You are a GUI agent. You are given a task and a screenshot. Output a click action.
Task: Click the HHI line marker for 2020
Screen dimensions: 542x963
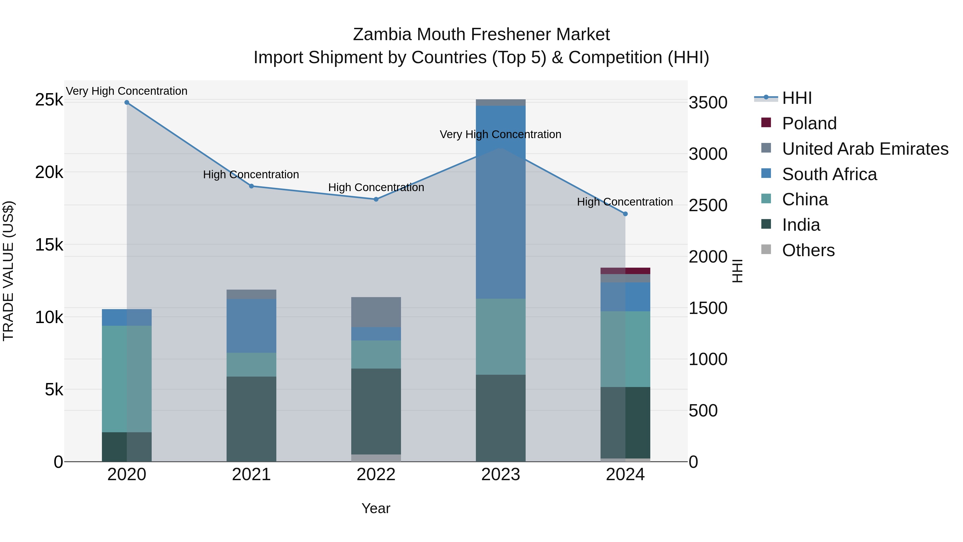click(x=127, y=103)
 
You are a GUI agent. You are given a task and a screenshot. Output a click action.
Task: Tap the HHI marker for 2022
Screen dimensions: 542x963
click(x=376, y=199)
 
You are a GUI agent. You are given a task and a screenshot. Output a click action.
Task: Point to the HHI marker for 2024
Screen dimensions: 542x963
click(x=625, y=214)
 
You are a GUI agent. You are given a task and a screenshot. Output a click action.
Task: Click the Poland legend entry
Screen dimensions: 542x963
click(x=809, y=123)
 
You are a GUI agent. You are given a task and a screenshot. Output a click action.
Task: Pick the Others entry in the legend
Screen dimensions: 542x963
click(x=808, y=250)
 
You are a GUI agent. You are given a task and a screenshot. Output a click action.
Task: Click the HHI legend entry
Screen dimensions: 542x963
click(x=796, y=98)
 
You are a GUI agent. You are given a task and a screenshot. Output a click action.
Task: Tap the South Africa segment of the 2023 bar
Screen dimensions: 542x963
click(x=500, y=202)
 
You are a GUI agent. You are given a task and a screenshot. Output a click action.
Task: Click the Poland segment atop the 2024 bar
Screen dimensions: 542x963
click(x=625, y=271)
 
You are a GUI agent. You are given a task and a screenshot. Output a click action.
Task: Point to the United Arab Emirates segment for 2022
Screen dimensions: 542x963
click(x=376, y=312)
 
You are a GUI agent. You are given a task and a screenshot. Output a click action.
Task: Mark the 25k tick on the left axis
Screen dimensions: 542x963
click(x=49, y=100)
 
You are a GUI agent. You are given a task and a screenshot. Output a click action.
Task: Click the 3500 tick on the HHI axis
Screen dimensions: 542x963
click(x=708, y=103)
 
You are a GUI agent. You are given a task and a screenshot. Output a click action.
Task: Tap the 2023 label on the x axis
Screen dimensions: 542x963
click(x=500, y=475)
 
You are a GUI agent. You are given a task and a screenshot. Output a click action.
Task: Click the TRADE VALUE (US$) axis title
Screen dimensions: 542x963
click(x=8, y=271)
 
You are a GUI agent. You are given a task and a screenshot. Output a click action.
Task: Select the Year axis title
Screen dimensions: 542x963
click(x=376, y=508)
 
